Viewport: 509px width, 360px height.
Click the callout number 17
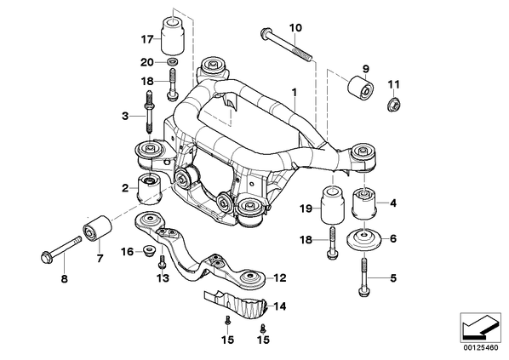(x=146, y=40)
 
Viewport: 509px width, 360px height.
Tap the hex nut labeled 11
(x=394, y=104)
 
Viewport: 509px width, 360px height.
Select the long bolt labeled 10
(x=286, y=45)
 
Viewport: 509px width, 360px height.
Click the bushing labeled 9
(x=361, y=86)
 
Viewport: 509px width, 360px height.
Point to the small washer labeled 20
(x=172, y=61)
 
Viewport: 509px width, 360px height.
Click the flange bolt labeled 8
(x=61, y=249)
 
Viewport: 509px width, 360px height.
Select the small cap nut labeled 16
(x=149, y=250)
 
